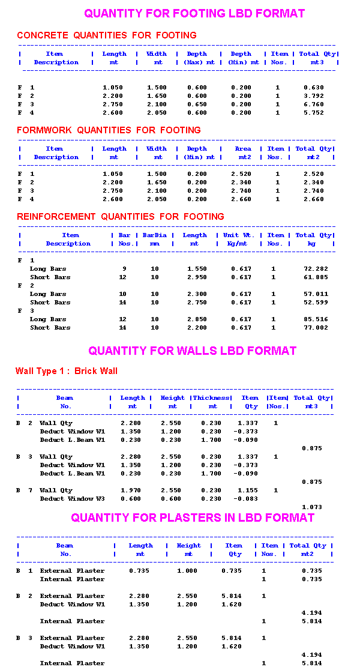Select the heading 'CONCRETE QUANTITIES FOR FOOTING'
point(107,35)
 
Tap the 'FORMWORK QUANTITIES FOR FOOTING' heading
point(109,130)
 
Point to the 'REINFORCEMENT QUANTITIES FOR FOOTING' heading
point(121,217)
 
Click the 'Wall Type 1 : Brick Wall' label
point(67,371)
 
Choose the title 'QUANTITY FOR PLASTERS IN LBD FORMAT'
point(193,518)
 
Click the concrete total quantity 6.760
point(313,104)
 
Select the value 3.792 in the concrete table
point(313,96)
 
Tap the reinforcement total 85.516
point(317,319)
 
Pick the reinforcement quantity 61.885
point(317,277)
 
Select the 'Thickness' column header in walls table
point(212,398)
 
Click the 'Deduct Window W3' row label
point(73,499)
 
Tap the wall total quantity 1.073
point(312,507)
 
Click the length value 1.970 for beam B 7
point(131,490)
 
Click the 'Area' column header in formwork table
point(244,149)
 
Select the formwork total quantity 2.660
point(313,199)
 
